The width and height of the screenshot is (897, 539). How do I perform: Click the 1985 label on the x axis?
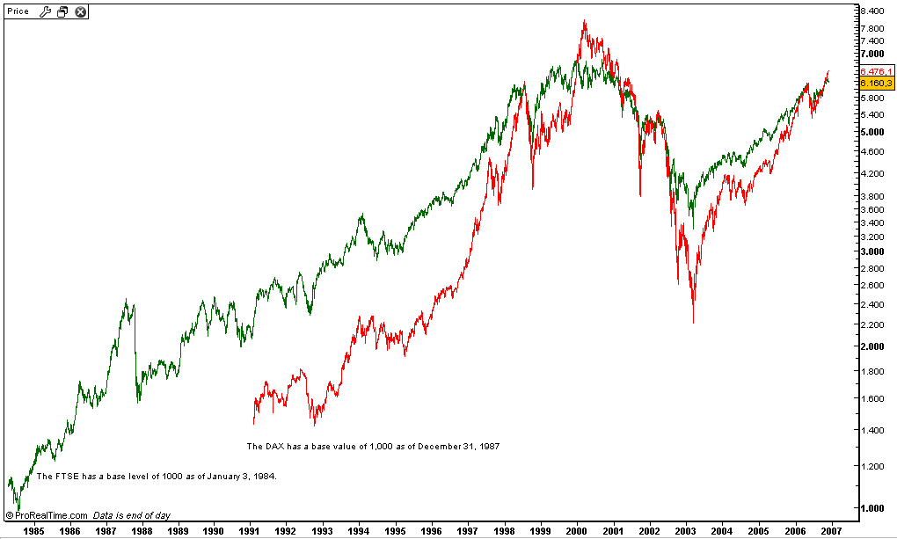click(34, 530)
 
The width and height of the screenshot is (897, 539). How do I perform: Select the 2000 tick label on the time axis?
click(577, 530)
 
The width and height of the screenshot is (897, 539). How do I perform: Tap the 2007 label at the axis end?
click(831, 530)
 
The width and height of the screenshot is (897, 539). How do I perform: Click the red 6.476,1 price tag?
click(877, 71)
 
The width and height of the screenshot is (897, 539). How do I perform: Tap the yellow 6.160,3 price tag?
click(877, 82)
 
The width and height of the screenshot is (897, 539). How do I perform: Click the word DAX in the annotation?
click(273, 447)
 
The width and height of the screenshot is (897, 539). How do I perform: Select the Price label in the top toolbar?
click(18, 11)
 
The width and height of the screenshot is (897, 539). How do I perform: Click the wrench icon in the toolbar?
click(47, 11)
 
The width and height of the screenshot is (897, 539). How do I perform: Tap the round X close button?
click(80, 11)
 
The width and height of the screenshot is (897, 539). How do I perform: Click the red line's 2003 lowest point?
click(694, 323)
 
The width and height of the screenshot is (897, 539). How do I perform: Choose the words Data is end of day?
click(132, 516)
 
